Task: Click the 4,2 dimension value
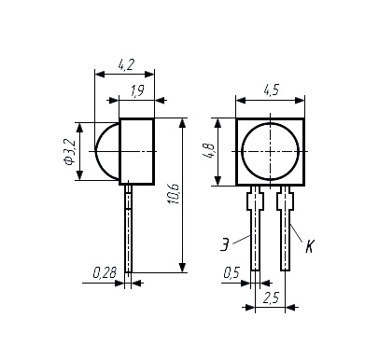coord(126,64)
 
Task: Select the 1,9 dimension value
coord(137,91)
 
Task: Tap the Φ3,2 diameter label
coord(69,151)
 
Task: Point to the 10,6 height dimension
coord(175,194)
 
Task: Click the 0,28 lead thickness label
coord(105,272)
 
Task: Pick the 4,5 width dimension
coord(272,90)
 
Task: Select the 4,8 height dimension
coord(208,151)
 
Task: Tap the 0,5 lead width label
coord(232,272)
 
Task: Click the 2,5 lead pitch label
coord(271,298)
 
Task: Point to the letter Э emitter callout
coord(225,244)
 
